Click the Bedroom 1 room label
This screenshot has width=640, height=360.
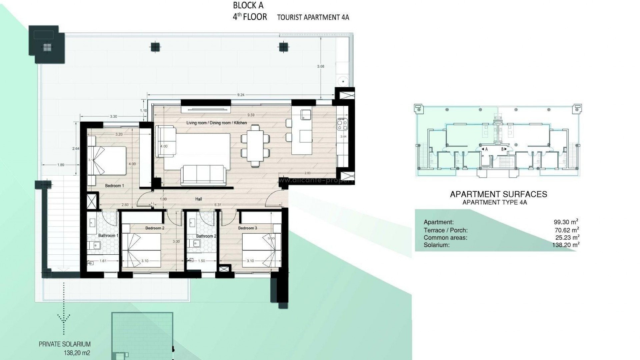(x=114, y=186)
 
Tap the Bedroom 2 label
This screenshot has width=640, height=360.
(x=155, y=228)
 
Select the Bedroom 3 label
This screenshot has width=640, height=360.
(x=247, y=228)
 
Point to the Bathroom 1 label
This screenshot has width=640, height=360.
(x=108, y=236)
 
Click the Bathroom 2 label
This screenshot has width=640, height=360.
(x=206, y=236)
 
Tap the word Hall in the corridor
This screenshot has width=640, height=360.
(x=199, y=199)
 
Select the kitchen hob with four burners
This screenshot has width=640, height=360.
(x=342, y=124)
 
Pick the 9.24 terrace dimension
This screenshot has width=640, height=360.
(x=241, y=95)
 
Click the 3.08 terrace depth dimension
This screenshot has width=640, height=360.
(x=320, y=66)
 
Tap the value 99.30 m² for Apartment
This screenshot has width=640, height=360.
(x=566, y=222)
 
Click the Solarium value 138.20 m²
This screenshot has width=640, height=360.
(x=566, y=245)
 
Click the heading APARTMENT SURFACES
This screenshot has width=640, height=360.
(x=498, y=194)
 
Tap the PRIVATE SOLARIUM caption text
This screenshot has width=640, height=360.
(x=64, y=344)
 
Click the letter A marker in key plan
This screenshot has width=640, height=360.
(x=486, y=149)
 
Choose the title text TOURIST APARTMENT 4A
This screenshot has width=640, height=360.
(x=313, y=17)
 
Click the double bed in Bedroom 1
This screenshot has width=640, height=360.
(x=107, y=161)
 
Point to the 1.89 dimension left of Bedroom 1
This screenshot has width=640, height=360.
(x=60, y=165)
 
